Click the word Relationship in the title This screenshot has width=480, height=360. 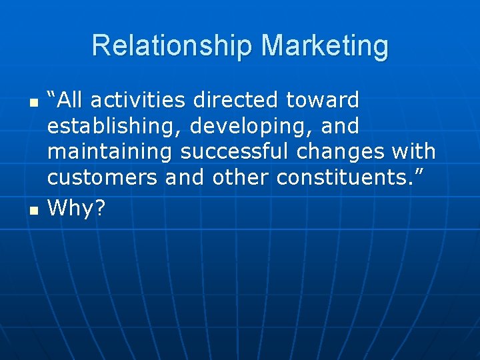click(173, 46)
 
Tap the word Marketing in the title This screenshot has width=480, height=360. click(325, 46)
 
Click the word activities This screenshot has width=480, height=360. click(138, 101)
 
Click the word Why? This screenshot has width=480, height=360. click(77, 209)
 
